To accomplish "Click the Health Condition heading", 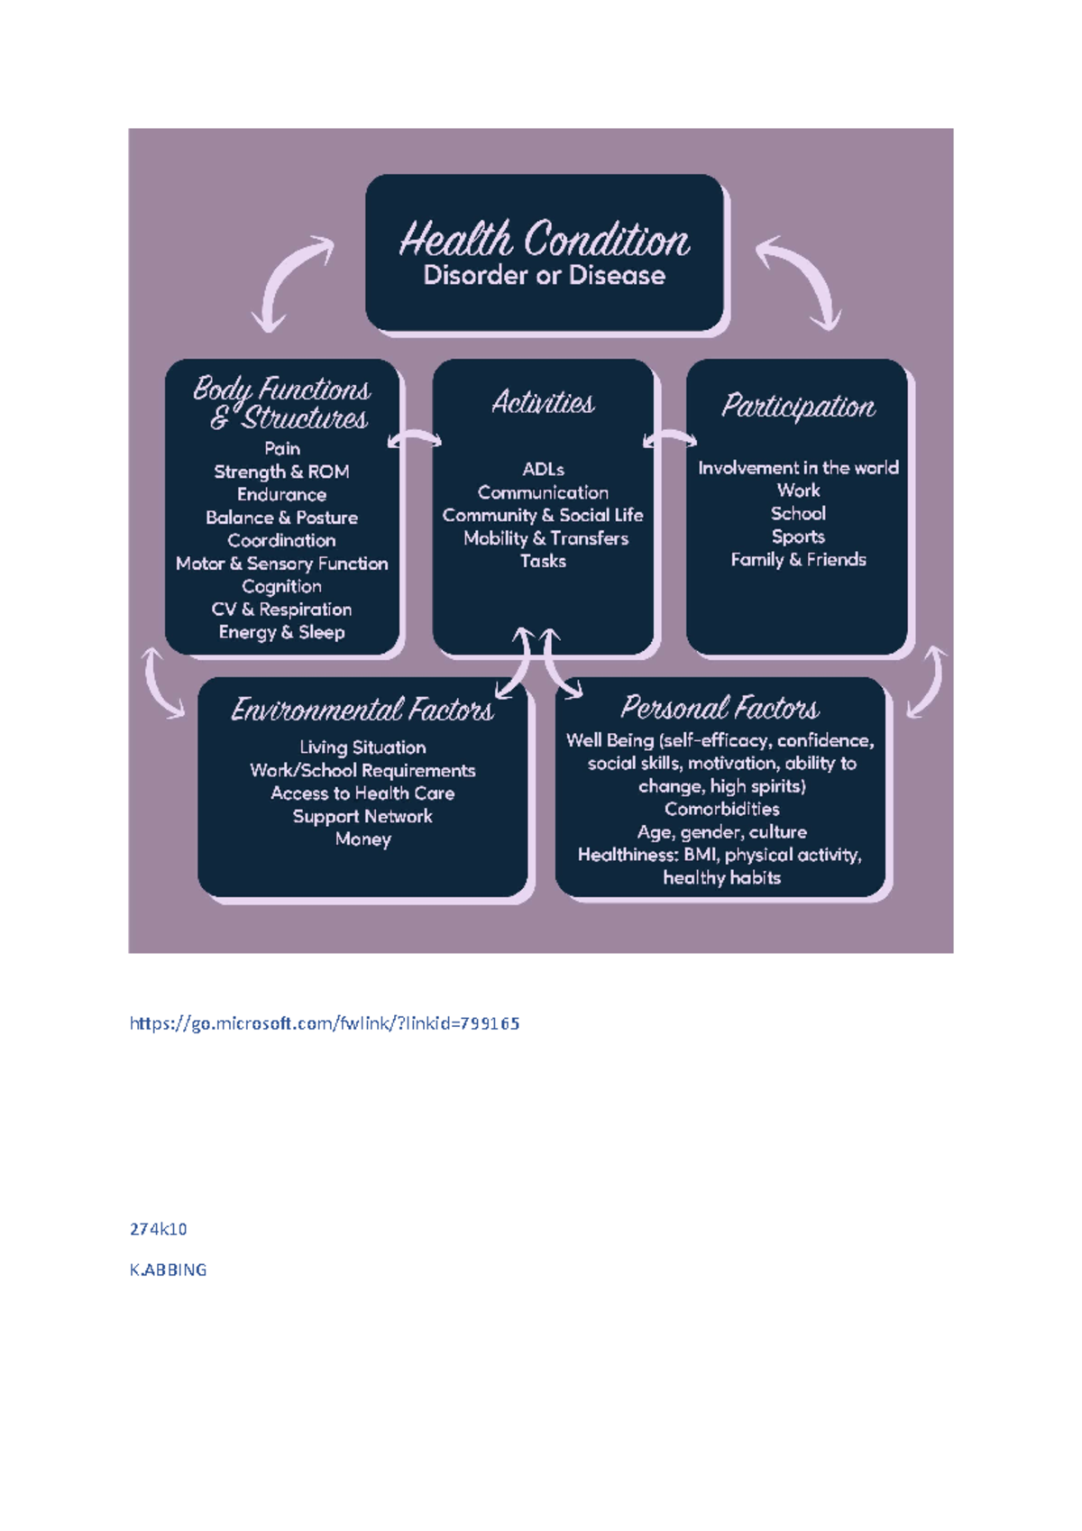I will [544, 240].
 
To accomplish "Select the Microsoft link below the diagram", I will [325, 1023].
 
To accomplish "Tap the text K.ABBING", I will [169, 1270].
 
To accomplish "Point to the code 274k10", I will [159, 1229].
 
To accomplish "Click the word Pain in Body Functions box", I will [282, 448].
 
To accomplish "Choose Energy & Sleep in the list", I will [282, 632].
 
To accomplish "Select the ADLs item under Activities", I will [543, 469].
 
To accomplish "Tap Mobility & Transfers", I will [546, 538].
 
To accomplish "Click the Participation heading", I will [798, 406].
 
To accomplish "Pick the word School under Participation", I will [798, 513].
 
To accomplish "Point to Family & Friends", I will [798, 560].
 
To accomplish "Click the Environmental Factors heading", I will [362, 710].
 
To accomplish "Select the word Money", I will [362, 839].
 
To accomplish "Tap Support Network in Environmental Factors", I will [362, 816].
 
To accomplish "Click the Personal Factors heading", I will [720, 707].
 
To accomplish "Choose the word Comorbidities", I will [721, 809].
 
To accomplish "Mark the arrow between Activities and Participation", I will [670, 439].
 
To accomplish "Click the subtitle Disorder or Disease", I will [544, 275].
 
